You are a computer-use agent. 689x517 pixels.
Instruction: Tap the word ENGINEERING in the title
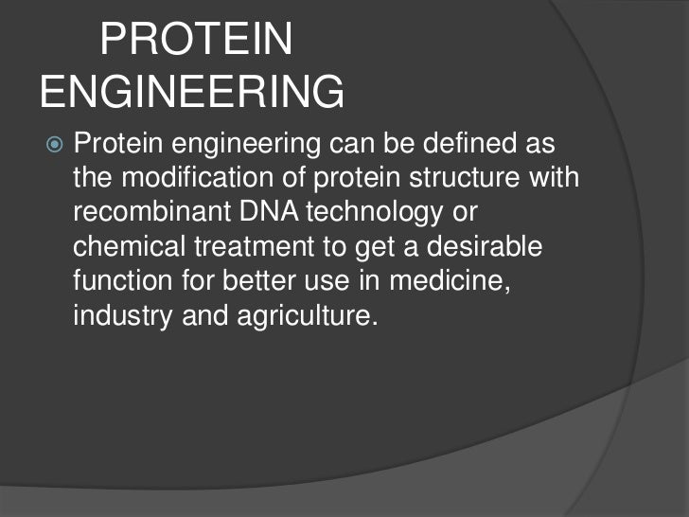(x=193, y=93)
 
